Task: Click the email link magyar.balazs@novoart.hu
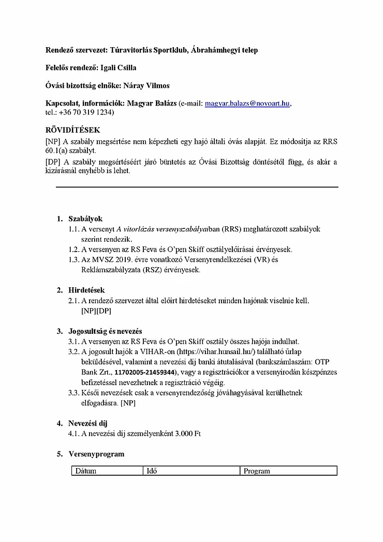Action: (247, 104)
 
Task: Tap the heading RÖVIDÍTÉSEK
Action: (73, 130)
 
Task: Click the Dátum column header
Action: (86, 471)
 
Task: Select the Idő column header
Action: (152, 471)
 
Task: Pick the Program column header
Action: (257, 471)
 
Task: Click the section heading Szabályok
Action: (85, 219)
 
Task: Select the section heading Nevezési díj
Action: (88, 423)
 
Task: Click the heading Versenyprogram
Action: (96, 454)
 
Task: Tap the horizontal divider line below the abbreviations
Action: (197, 187)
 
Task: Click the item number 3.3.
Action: (73, 393)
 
